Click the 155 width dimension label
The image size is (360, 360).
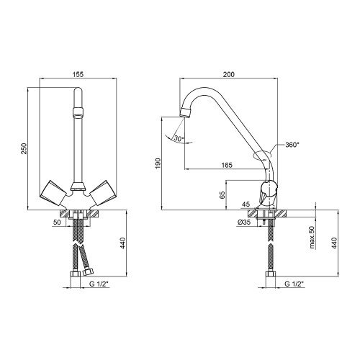point(78,74)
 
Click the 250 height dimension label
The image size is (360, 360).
point(24,148)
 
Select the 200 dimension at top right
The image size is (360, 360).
point(229,74)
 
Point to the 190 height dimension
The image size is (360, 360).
point(158,163)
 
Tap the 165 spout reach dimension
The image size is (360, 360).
point(227,165)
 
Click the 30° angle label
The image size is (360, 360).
point(179,138)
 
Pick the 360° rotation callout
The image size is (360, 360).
point(292,145)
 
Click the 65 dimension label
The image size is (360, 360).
point(222,195)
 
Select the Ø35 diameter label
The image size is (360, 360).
point(244,222)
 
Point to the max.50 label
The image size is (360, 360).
point(312,237)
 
